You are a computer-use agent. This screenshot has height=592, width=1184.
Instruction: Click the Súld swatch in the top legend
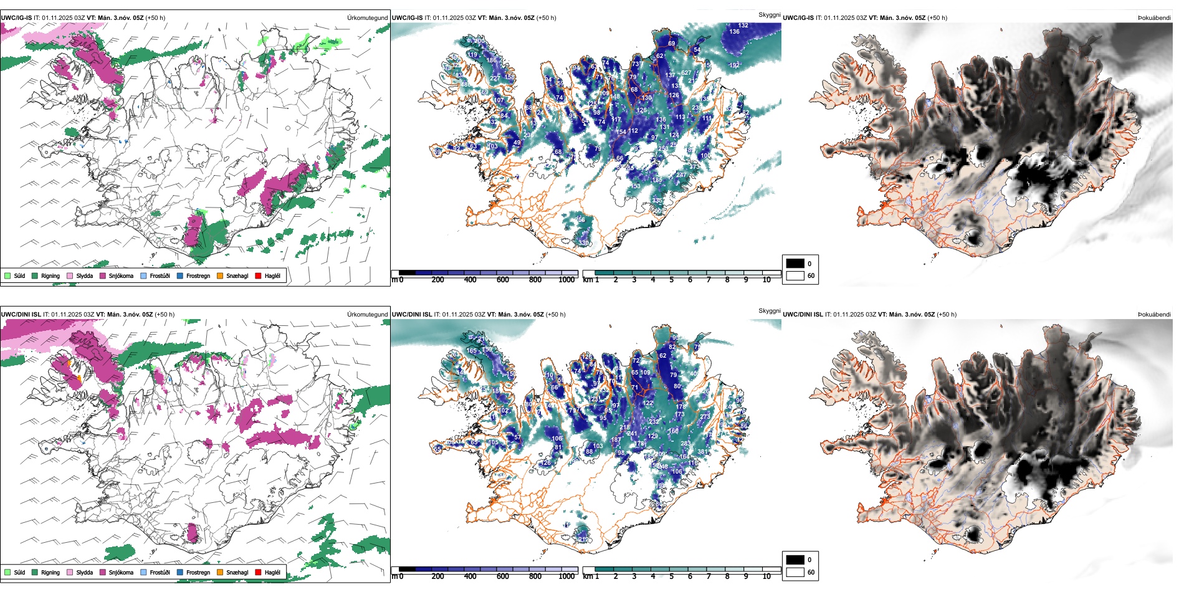point(7,275)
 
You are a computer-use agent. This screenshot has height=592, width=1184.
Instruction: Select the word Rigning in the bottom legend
point(50,572)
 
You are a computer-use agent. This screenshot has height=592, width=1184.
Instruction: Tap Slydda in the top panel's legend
point(84,275)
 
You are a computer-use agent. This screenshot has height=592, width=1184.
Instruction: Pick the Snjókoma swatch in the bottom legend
point(103,572)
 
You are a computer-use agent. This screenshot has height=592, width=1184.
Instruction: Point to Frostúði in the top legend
point(160,275)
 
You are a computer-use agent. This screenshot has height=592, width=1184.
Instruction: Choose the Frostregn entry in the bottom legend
point(198,572)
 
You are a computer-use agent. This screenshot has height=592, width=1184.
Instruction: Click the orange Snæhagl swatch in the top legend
point(220,275)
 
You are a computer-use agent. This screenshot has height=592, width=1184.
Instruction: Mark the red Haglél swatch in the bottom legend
point(258,572)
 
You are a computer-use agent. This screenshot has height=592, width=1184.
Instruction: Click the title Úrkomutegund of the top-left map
point(367,18)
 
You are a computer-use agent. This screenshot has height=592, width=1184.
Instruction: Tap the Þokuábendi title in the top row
point(1154,18)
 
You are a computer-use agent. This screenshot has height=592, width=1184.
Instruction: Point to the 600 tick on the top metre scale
point(502,280)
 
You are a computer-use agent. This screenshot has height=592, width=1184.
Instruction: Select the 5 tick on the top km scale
point(671,280)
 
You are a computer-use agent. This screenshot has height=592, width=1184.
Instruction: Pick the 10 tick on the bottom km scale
point(766,576)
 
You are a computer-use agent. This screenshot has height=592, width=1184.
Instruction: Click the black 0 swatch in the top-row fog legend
point(795,264)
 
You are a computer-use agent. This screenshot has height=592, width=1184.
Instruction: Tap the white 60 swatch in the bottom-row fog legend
point(795,572)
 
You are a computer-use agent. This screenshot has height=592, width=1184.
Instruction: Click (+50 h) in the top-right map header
point(937,18)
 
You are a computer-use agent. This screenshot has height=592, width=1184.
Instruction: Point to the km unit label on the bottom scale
point(587,576)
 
